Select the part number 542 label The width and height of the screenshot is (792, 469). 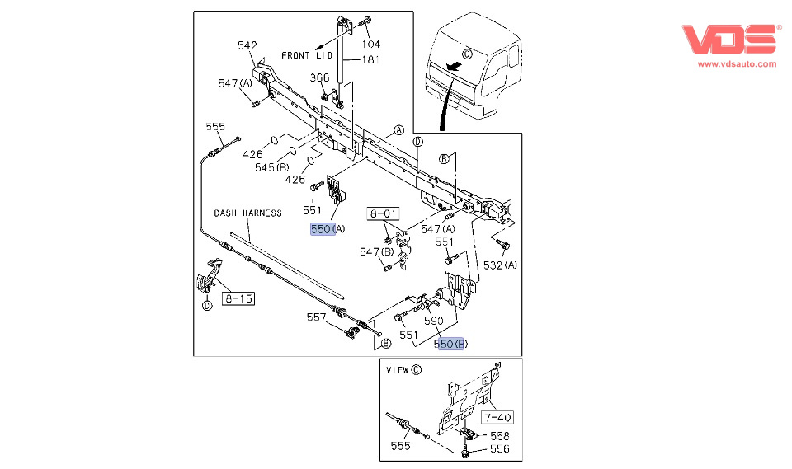247,45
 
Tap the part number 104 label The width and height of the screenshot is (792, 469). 371,44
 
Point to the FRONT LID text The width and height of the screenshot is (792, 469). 307,55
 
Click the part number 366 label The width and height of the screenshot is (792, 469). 319,77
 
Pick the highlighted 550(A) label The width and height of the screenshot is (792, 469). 328,229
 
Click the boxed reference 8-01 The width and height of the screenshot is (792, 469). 384,214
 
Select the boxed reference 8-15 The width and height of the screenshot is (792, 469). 238,298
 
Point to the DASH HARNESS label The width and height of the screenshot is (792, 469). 248,213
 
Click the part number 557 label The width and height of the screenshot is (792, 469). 317,317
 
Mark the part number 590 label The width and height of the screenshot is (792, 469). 434,320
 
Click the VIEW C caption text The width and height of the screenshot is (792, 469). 403,370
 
